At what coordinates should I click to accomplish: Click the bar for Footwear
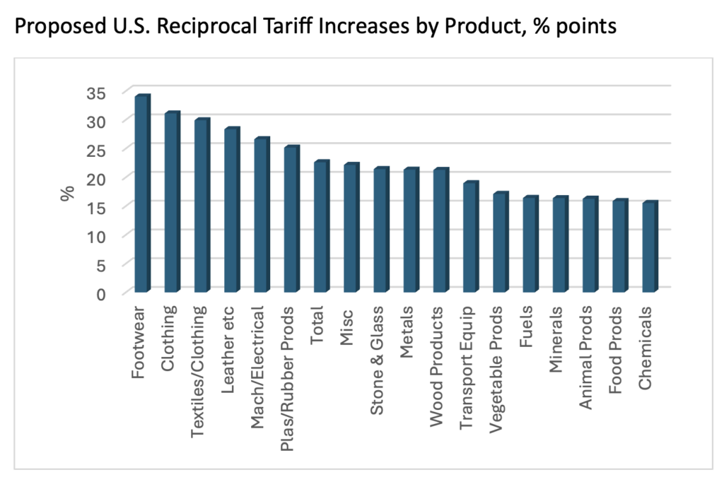click(x=141, y=194)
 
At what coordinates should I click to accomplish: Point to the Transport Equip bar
click(x=470, y=238)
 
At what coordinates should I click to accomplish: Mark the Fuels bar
click(x=530, y=245)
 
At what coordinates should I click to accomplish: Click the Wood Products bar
click(x=440, y=231)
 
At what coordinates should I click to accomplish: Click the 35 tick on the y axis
click(x=96, y=93)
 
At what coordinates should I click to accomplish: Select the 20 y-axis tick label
click(x=96, y=178)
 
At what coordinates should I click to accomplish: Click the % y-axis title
click(x=68, y=193)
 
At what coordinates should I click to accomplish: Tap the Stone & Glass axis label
click(x=379, y=351)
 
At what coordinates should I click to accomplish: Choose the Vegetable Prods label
click(x=498, y=355)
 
